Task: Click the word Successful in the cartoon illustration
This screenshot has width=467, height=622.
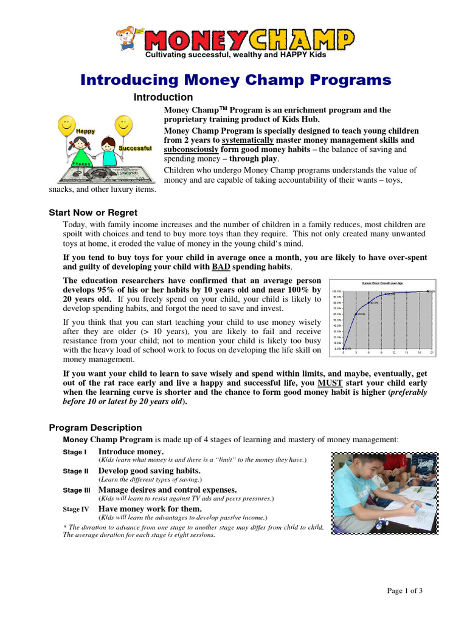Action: click(x=135, y=148)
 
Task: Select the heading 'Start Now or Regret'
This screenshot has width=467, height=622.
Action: click(x=93, y=213)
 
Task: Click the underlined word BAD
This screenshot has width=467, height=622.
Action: click(x=221, y=267)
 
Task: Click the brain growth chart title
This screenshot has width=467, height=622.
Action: click(x=382, y=283)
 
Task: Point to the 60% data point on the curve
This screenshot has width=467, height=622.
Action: click(x=356, y=314)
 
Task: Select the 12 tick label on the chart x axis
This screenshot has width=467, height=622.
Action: click(x=393, y=352)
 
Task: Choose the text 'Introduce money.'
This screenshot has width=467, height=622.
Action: click(x=131, y=452)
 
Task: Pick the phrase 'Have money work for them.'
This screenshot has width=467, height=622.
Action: click(x=150, y=508)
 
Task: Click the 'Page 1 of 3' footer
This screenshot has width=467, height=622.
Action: click(x=404, y=590)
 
